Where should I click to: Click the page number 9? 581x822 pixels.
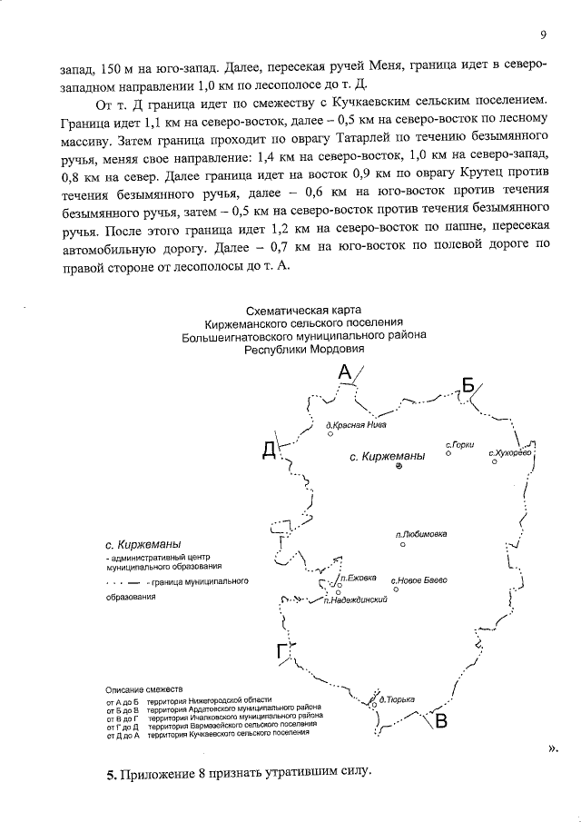(x=542, y=35)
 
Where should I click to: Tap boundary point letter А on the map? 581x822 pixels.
(x=344, y=371)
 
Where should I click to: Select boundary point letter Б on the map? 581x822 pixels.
(x=468, y=384)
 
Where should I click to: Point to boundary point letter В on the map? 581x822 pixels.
(x=441, y=722)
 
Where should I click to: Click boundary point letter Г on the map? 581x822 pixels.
(x=282, y=650)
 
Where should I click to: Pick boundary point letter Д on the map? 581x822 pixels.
(x=269, y=450)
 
